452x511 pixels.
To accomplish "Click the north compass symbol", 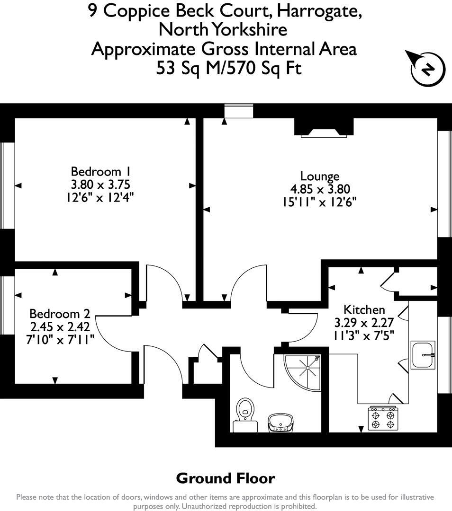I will [x=427, y=69].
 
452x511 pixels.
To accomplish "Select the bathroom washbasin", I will [x=283, y=422].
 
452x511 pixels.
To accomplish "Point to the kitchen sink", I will [x=423, y=354].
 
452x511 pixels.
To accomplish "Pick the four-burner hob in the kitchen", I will [x=383, y=419].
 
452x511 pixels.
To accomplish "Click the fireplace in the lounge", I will [x=324, y=128].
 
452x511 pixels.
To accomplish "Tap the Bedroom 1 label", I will [x=100, y=171].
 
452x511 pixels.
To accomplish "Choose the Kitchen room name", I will [x=364, y=310].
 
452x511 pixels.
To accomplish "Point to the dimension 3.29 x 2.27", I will [x=364, y=323].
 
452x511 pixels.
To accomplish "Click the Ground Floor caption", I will [x=226, y=478].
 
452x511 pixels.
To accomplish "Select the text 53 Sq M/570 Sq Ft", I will [x=229, y=69].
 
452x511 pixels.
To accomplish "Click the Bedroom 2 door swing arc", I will [x=111, y=331].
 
